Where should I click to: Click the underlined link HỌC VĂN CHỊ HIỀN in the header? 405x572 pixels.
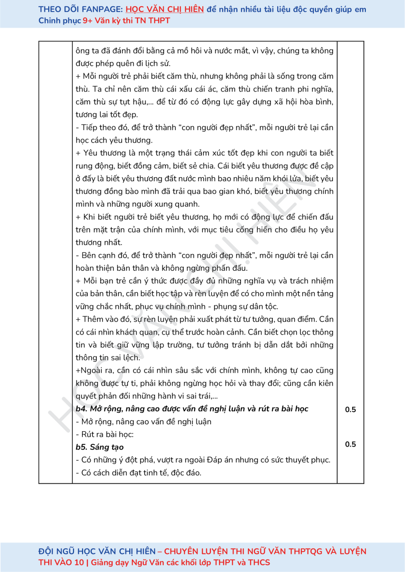[165, 9]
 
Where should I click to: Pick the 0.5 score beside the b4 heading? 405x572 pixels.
[350, 409]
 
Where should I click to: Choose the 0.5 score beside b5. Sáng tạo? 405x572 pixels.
[350, 444]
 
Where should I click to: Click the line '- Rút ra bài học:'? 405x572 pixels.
[104, 434]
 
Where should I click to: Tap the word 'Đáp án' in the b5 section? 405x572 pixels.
[223, 460]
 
